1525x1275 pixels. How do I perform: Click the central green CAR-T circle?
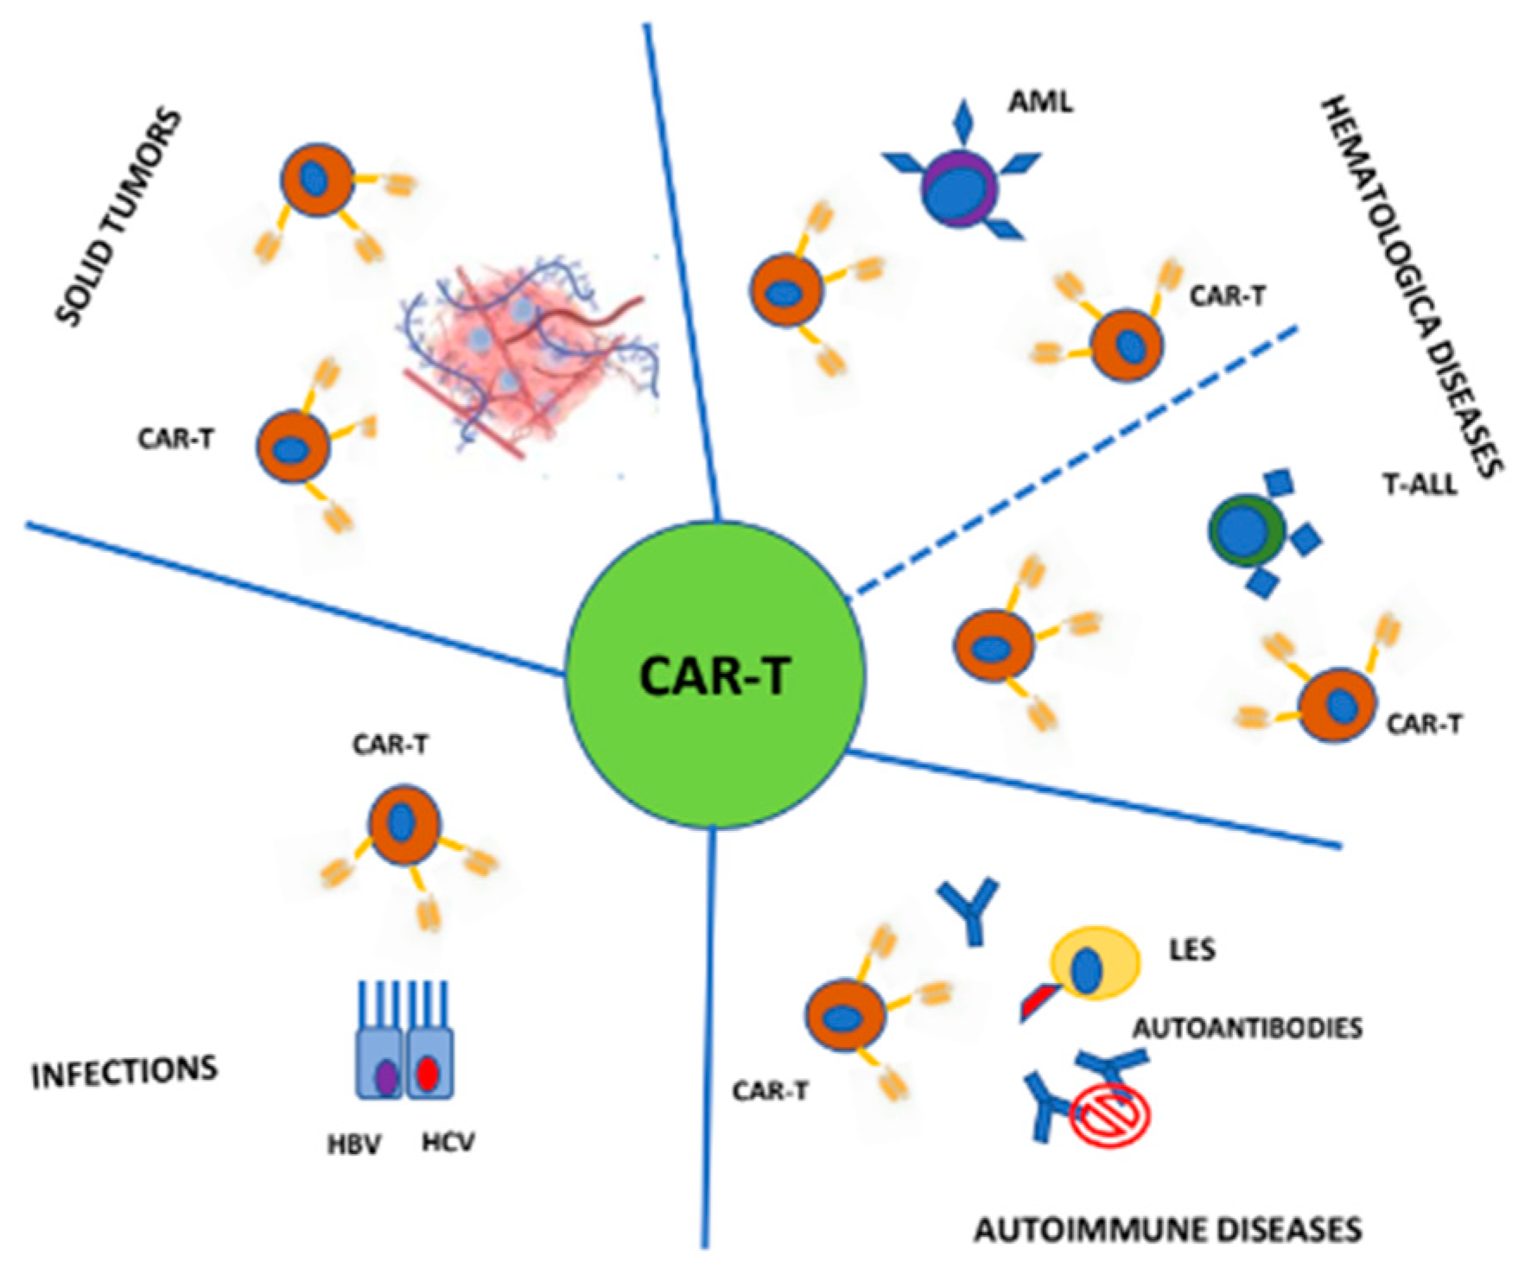(x=715, y=674)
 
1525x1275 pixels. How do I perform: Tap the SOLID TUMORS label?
(x=120, y=216)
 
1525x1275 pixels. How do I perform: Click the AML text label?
(x=1040, y=102)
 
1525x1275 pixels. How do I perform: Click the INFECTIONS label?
(x=124, y=1072)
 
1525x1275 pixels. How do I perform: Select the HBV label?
(x=353, y=1145)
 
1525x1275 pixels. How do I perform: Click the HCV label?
(x=448, y=1143)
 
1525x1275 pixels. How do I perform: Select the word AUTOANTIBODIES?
(x=1247, y=1028)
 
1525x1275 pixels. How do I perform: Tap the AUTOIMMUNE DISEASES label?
(x=1167, y=1228)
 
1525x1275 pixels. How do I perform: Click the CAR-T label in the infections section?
(x=390, y=744)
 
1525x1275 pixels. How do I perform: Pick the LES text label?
(x=1191, y=949)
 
